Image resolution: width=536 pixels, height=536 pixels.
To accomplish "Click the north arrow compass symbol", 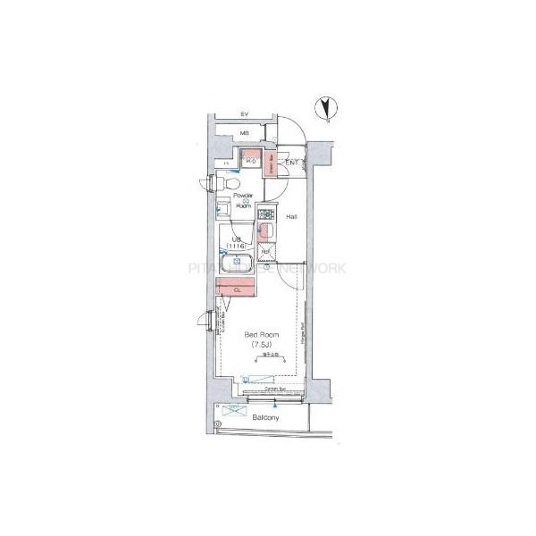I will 328,109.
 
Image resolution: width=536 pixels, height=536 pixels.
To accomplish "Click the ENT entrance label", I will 292,163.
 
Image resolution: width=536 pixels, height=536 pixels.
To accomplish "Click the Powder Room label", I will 243,200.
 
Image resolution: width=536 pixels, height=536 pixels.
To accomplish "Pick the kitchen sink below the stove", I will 264,230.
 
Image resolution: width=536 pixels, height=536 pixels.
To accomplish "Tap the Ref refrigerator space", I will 265,252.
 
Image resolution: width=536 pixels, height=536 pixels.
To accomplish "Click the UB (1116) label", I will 239,242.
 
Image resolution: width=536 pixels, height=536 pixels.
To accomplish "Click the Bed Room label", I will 262,334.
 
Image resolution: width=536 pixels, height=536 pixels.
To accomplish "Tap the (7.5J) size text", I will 262,344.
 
